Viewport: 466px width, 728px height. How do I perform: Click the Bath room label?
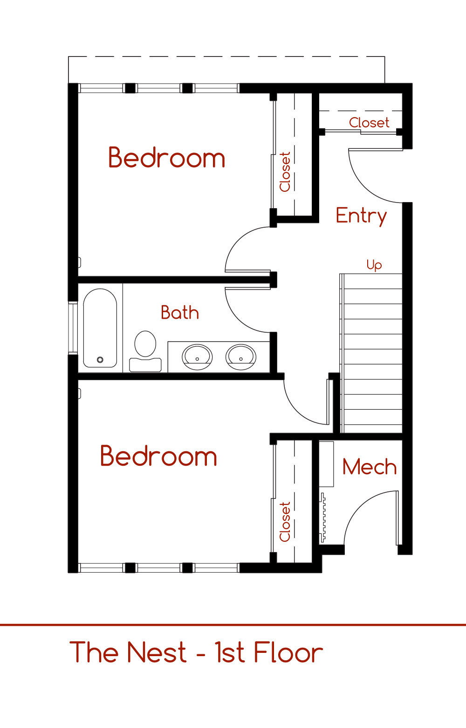(x=180, y=313)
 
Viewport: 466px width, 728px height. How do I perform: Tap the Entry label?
(x=361, y=216)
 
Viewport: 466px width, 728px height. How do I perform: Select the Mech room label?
(x=370, y=467)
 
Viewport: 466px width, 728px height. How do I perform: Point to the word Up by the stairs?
(x=374, y=265)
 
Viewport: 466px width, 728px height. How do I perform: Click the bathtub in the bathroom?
(x=100, y=328)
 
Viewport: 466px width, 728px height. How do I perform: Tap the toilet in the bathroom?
(x=145, y=351)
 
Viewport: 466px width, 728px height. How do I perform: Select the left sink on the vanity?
(x=197, y=357)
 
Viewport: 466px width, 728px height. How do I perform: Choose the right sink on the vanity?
(x=241, y=357)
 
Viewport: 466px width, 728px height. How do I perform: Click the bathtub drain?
(x=100, y=359)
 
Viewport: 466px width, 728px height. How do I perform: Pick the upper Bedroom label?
(x=166, y=158)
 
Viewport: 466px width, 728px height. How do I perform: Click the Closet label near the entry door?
(x=369, y=123)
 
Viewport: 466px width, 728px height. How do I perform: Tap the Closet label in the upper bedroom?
(x=285, y=172)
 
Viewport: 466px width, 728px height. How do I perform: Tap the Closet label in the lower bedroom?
(x=285, y=522)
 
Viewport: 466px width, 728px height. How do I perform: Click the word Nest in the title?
(x=157, y=652)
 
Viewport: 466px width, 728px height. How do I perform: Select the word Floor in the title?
(x=288, y=652)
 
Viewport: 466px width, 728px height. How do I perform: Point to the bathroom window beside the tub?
(x=73, y=328)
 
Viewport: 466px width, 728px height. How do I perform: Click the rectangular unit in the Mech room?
(x=326, y=464)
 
